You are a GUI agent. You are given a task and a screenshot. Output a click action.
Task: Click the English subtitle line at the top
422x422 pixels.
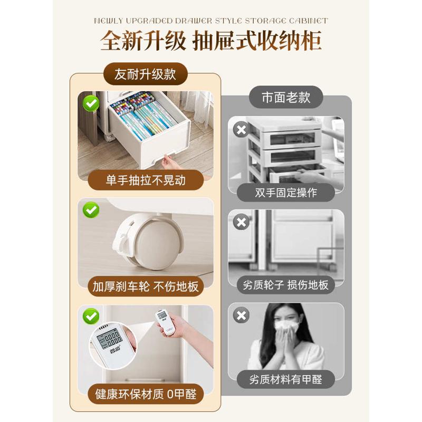click(x=211, y=21)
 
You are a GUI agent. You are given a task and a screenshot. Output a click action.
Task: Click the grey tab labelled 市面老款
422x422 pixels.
click(x=285, y=97)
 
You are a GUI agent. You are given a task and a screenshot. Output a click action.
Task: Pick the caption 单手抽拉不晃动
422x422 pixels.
click(x=146, y=180)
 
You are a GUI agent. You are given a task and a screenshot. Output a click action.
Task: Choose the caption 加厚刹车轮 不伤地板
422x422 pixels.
click(x=146, y=286)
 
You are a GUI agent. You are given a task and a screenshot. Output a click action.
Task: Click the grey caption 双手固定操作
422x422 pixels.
click(x=286, y=192)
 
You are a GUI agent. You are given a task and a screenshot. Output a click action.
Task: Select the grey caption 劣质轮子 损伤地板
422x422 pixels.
click(x=286, y=285)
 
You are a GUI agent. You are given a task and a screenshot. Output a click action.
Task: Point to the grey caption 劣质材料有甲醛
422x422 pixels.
click(x=286, y=378)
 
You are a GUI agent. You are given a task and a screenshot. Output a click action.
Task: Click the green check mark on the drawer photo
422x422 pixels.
click(x=91, y=103)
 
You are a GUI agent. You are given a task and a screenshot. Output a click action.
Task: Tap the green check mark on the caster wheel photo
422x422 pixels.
click(x=91, y=210)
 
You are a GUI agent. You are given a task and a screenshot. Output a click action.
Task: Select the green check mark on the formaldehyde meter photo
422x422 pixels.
click(x=91, y=316)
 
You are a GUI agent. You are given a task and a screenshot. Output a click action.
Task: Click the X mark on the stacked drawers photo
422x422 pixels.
click(x=241, y=129)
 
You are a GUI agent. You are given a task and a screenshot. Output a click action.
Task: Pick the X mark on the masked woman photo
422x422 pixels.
click(x=241, y=315)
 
